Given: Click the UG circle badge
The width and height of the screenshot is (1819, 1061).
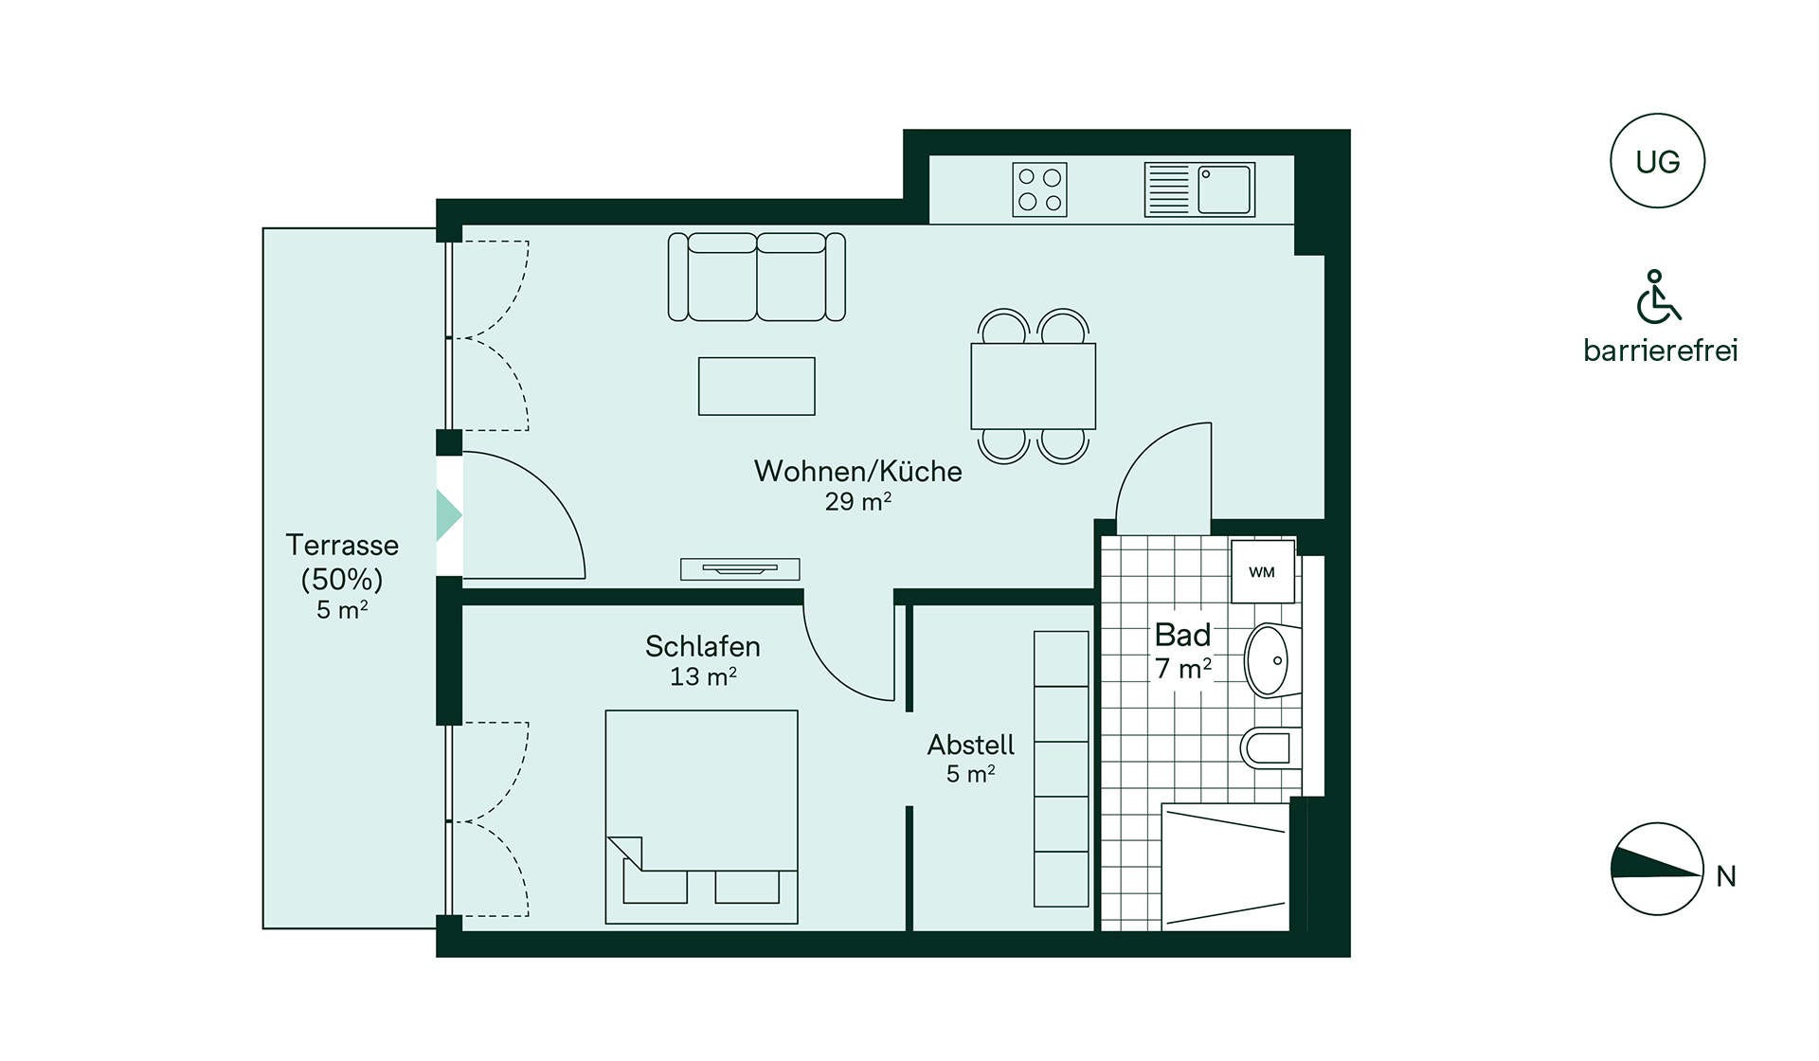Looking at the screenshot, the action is pos(1657,161).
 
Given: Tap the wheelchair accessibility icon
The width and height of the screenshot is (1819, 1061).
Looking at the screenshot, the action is pos(1658,297).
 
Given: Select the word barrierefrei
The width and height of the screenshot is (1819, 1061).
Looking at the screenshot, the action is pos(1661,351).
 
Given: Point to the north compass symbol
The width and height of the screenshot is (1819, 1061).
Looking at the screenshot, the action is pos(1656,869).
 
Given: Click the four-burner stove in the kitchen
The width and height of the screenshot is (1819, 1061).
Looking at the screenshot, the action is pos(1039,189).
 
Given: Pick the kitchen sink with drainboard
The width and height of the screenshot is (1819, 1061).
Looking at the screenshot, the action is pos(1199,189).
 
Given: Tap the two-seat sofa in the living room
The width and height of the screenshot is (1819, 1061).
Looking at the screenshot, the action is pos(756,277).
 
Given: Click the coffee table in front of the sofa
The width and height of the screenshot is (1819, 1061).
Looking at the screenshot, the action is pos(756,386).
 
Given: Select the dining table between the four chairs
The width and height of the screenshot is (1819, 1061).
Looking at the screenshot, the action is pos(1033,386).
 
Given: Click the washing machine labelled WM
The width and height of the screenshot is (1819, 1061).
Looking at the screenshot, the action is pos(1262,571).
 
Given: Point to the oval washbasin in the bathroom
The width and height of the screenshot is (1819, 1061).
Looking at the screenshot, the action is pos(1268,659).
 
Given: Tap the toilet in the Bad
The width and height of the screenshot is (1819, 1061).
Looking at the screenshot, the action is pos(1268,748).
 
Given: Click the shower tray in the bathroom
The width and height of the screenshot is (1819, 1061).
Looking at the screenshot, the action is pos(1225,867).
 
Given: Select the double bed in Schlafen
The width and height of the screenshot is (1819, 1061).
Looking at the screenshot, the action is pos(701,817).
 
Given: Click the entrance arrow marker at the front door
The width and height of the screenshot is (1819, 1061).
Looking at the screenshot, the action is pos(448,515).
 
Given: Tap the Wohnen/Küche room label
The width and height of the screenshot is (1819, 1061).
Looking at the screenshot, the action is pos(857,471).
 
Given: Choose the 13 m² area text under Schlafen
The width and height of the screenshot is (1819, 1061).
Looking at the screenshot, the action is pos(703,676).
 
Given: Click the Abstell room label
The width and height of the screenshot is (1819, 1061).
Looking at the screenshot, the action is pos(970,745).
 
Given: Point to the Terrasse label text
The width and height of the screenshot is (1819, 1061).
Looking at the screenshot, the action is pos(342,545).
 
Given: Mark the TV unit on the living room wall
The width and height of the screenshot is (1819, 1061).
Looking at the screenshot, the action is pos(740,568).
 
